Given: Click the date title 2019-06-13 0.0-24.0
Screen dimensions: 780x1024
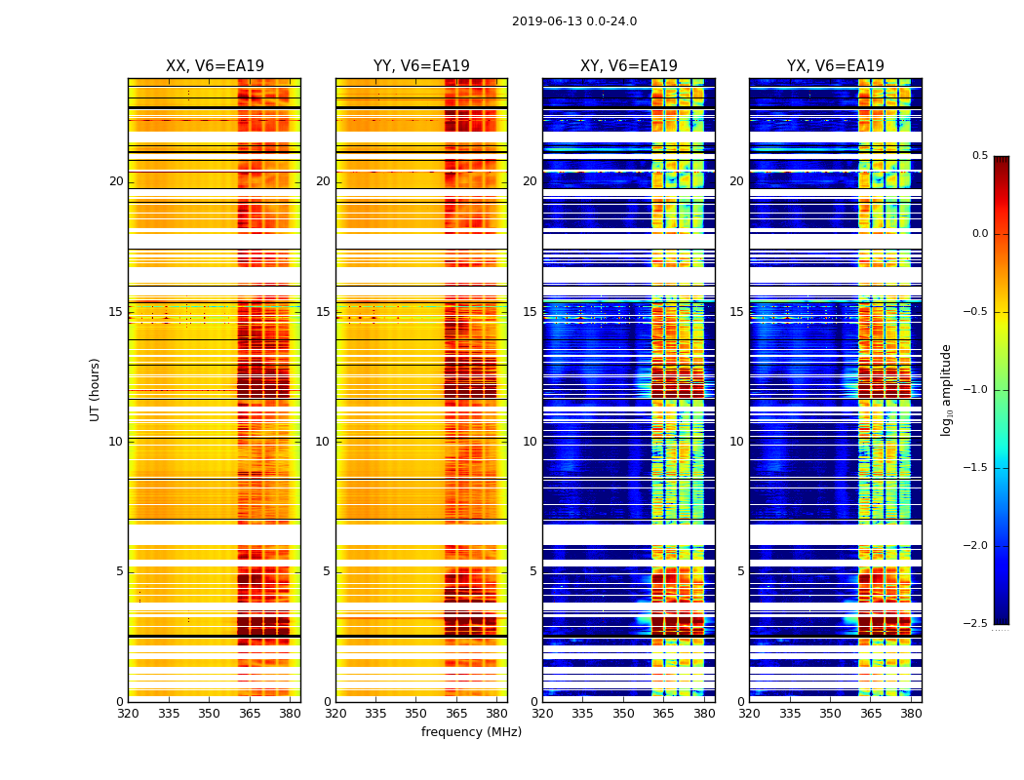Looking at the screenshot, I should [573, 21].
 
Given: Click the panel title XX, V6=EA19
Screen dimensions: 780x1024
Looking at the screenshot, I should [215, 66].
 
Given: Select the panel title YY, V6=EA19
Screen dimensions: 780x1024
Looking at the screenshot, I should [421, 66].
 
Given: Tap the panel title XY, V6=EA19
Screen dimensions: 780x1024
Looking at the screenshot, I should [628, 66].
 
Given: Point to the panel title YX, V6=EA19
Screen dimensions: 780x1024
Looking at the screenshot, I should [835, 66].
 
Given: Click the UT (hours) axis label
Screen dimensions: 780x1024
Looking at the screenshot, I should [96, 389].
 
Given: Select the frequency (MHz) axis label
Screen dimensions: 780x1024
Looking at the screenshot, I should [471, 732].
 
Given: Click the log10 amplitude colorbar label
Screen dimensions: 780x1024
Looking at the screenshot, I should [946, 389].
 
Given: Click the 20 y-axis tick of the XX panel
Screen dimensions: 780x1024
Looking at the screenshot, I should [116, 181].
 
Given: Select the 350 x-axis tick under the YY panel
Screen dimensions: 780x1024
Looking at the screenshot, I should [416, 713].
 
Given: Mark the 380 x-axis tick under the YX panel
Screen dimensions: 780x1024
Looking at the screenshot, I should [911, 713].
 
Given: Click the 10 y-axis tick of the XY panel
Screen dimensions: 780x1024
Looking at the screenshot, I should [530, 442].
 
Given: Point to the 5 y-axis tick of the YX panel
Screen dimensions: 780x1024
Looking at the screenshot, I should [740, 571].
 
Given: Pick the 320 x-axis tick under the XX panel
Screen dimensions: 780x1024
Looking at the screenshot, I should [128, 713].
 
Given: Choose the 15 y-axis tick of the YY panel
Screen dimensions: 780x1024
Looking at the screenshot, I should [323, 312].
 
